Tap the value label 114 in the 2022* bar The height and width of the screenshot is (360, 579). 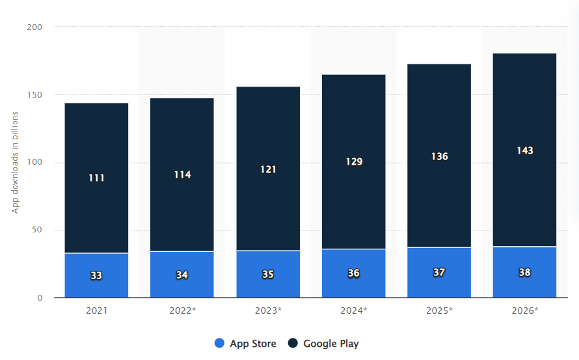tap(182, 174)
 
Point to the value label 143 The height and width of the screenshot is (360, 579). tap(524, 150)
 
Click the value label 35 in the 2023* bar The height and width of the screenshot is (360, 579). tap(268, 275)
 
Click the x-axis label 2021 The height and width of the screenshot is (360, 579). tap(96, 311)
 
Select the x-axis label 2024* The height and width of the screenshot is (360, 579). tap(353, 311)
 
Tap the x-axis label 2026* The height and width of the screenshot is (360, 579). tap(524, 311)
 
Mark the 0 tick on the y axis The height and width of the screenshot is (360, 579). tap(40, 298)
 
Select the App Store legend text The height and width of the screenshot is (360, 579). tap(253, 344)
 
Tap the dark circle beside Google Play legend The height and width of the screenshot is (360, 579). tap(293, 344)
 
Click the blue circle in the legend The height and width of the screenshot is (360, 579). tap(220, 344)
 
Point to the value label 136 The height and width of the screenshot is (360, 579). tap(439, 156)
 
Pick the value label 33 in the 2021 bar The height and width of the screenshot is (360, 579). tap(96, 275)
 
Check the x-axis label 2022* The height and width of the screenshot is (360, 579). tap(182, 311)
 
